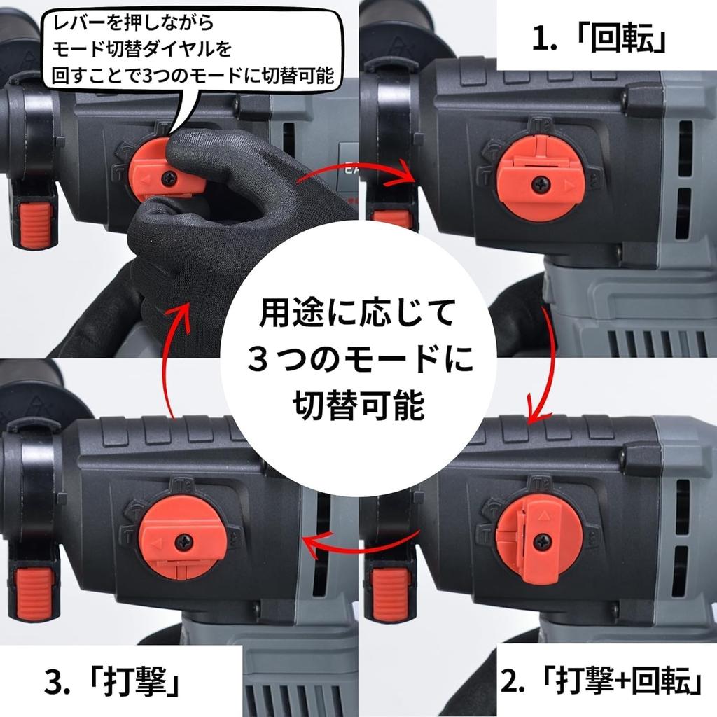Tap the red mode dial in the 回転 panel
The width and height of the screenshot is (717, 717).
540,179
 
